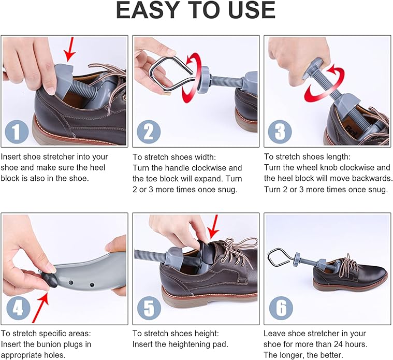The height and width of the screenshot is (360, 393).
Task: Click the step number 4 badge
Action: click(18, 308)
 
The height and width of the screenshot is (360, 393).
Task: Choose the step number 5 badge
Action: click(149, 308)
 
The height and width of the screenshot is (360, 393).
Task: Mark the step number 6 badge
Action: click(281, 308)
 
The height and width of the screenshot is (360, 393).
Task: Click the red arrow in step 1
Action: click(70, 49)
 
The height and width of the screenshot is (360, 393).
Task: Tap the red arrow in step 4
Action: click(40, 307)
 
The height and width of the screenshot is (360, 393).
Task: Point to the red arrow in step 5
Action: click(213, 227)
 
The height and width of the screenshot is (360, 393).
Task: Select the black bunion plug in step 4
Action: click(49, 280)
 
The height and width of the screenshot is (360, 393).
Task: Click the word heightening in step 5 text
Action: click(184, 344)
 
